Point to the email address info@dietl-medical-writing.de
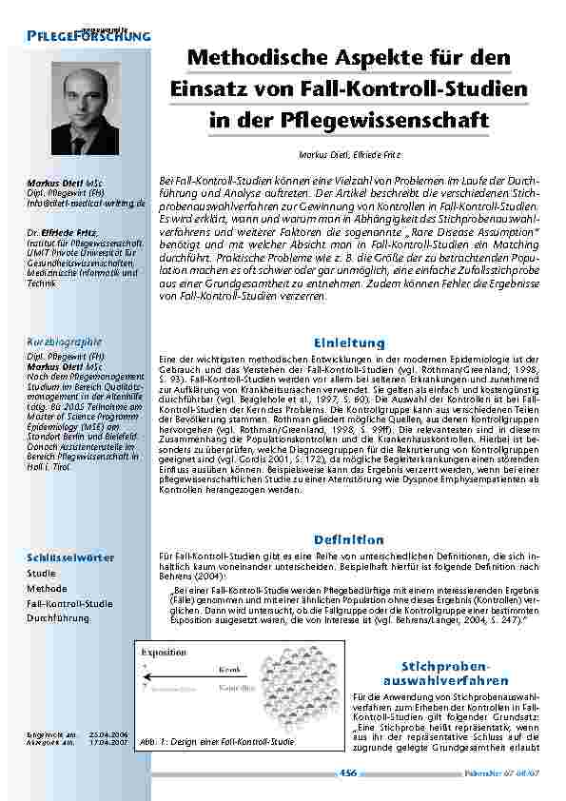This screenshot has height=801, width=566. click(x=85, y=203)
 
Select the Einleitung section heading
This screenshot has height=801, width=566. click(x=348, y=342)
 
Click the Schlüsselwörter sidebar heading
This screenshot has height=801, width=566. click(x=71, y=557)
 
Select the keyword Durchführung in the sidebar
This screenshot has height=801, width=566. click(x=58, y=617)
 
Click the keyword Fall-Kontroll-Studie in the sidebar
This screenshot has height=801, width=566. click(x=69, y=603)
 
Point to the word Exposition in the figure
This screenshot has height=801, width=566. click(x=164, y=654)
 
